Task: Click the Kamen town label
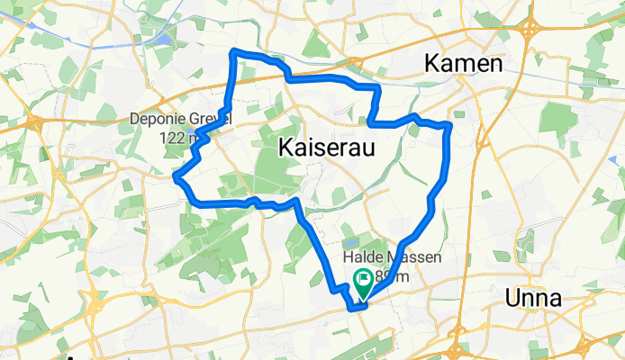coord(462,64)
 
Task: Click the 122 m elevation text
coord(177,137)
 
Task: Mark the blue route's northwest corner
coord(235,51)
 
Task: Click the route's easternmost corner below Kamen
coord(448,125)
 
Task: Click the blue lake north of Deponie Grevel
coord(165,40)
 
